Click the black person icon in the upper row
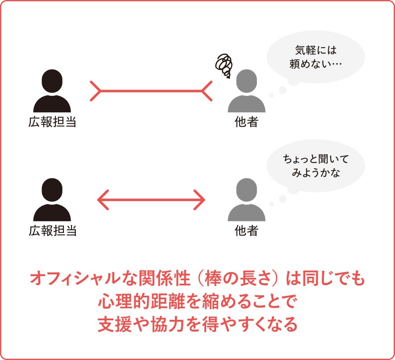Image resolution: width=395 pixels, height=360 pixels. (52, 91)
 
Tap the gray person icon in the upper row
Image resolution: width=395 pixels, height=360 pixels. (246, 91)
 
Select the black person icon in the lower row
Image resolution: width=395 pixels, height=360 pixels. (52, 200)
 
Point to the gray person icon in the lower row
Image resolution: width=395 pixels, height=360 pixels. (246, 200)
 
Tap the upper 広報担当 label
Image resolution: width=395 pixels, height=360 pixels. (52, 122)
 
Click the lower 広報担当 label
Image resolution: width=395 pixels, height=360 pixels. (52, 231)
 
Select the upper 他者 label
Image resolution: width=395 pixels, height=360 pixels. (246, 122)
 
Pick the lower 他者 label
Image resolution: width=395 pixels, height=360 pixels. (246, 231)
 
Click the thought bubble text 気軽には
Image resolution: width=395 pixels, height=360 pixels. (316, 50)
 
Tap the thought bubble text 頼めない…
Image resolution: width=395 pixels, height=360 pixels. (316, 64)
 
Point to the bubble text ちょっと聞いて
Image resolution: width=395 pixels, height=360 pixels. (316, 159)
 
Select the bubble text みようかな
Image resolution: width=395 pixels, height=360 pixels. (316, 173)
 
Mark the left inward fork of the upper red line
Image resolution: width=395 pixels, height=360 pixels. (96, 91)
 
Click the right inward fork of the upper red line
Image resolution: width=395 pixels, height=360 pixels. (207, 91)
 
